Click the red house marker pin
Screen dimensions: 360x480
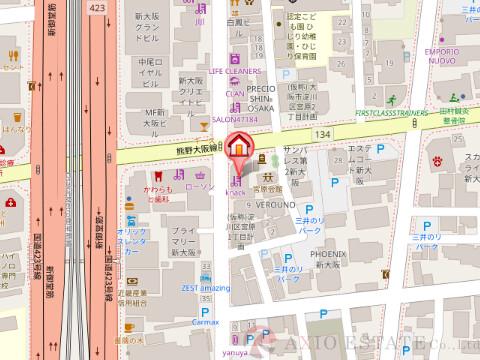(x=240, y=147)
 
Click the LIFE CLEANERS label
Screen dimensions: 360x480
(x=235, y=72)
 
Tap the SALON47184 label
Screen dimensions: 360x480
(x=235, y=119)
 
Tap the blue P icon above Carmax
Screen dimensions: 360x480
(x=207, y=308)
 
